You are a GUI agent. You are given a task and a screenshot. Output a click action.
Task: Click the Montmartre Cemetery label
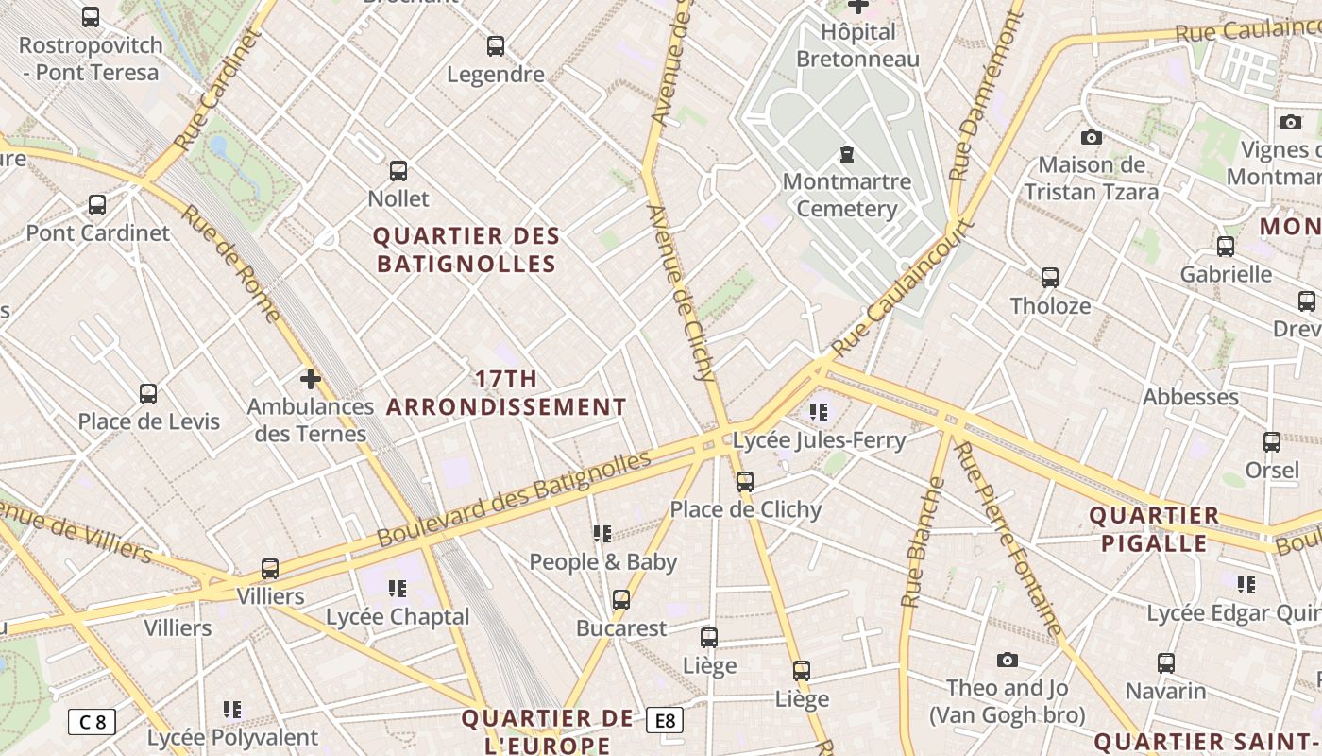847,195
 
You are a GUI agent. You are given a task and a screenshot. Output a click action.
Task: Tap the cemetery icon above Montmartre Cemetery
847,153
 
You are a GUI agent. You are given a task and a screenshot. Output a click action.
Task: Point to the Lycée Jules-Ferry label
819,440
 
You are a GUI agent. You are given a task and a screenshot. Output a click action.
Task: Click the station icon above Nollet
398,171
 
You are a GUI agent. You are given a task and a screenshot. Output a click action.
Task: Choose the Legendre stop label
496,74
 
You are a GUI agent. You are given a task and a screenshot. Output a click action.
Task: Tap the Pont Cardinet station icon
97,205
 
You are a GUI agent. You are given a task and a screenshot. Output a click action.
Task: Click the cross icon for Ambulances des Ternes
311,379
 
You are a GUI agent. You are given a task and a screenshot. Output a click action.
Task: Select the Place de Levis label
148,421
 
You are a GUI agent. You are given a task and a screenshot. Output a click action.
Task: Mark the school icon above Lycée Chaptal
398,589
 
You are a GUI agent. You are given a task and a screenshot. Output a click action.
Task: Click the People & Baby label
602,562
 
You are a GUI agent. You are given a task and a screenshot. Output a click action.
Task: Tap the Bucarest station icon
621,600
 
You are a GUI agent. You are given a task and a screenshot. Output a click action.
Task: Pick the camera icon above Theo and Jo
1008,660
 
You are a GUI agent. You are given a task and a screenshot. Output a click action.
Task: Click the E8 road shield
665,721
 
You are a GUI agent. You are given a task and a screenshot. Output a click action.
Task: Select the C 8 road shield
92,722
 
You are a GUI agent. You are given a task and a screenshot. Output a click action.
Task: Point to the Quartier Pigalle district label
1154,529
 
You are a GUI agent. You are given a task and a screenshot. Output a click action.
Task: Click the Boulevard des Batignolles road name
515,499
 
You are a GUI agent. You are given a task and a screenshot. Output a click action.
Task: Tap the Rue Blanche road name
923,542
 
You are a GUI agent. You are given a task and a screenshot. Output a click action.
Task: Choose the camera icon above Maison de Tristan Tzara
1092,137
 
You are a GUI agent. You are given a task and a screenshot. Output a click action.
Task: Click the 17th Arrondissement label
506,393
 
